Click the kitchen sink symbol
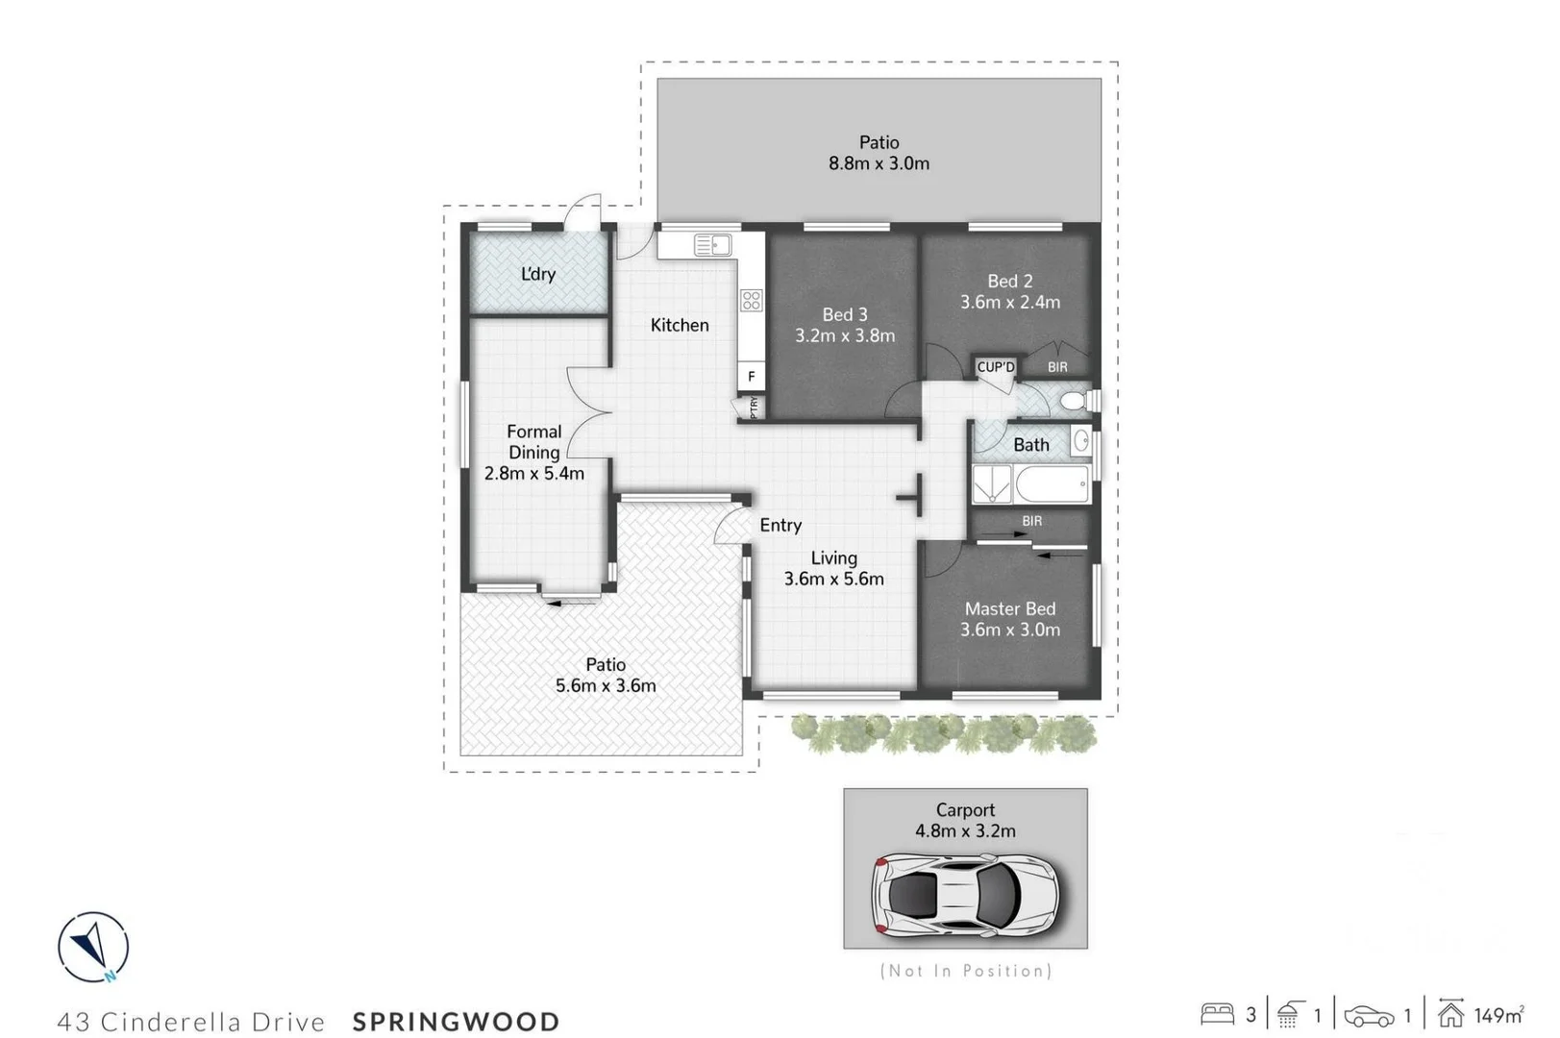pyautogui.click(x=712, y=245)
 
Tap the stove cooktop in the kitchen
pyautogui.click(x=752, y=300)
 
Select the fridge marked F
pyautogui.click(x=752, y=377)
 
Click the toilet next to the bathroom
pyautogui.click(x=1076, y=400)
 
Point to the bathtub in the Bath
pyautogui.click(x=1052, y=484)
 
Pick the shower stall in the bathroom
pyautogui.click(x=992, y=484)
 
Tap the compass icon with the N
pyautogui.click(x=93, y=947)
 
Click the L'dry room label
pyautogui.click(x=538, y=274)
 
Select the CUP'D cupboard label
pyautogui.click(x=996, y=367)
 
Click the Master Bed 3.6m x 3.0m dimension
pyautogui.click(x=1010, y=630)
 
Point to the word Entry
pyautogui.click(x=780, y=525)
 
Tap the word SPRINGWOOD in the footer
pyautogui.click(x=456, y=1021)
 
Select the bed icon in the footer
pyautogui.click(x=1218, y=1014)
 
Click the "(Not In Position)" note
pyautogui.click(x=966, y=971)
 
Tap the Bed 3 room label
pyautogui.click(x=845, y=314)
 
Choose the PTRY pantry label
pyautogui.click(x=754, y=407)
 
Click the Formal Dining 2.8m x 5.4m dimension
pyautogui.click(x=534, y=473)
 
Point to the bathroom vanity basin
pyautogui.click(x=1080, y=442)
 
